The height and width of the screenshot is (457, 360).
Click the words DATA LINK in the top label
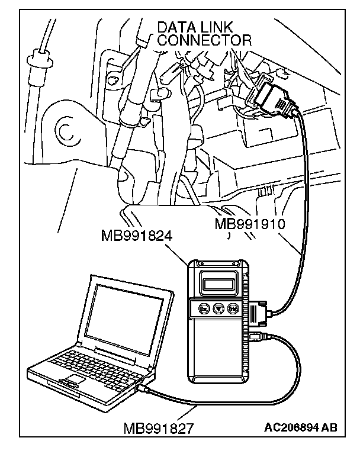[195, 27]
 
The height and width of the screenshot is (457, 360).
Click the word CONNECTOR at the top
[204, 40]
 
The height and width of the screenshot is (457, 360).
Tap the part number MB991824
[137, 236]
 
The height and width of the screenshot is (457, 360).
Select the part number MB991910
[250, 224]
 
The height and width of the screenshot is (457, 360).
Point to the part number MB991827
[159, 429]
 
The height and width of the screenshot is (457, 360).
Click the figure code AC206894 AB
[301, 427]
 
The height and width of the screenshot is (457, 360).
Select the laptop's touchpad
[72, 380]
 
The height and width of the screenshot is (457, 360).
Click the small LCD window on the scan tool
[218, 284]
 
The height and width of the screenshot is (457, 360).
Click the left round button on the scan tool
[204, 308]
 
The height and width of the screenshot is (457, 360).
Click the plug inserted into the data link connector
[274, 99]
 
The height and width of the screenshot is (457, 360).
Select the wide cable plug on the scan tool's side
[258, 314]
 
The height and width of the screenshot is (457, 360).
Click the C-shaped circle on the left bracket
[66, 132]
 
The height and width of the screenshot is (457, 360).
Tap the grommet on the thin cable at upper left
[40, 61]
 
